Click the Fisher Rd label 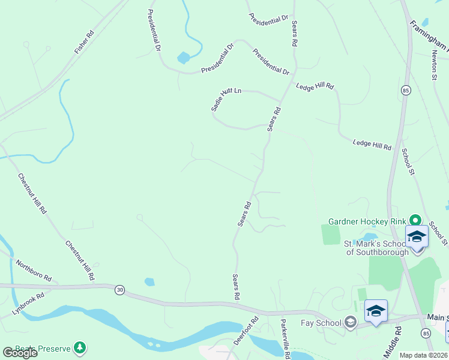pyautogui.click(x=85, y=42)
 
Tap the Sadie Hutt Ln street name pyautogui.click(x=226, y=98)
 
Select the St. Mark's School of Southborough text pyautogui.click(x=376, y=248)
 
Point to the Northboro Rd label pyautogui.click(x=34, y=272)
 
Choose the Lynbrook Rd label pyautogui.click(x=28, y=304)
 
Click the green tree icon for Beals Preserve pyautogui.click(x=79, y=348)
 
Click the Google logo pyautogui.click(x=20, y=353)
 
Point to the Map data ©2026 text pyautogui.click(x=424, y=355)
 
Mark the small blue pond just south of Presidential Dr pyautogui.click(x=184, y=58)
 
